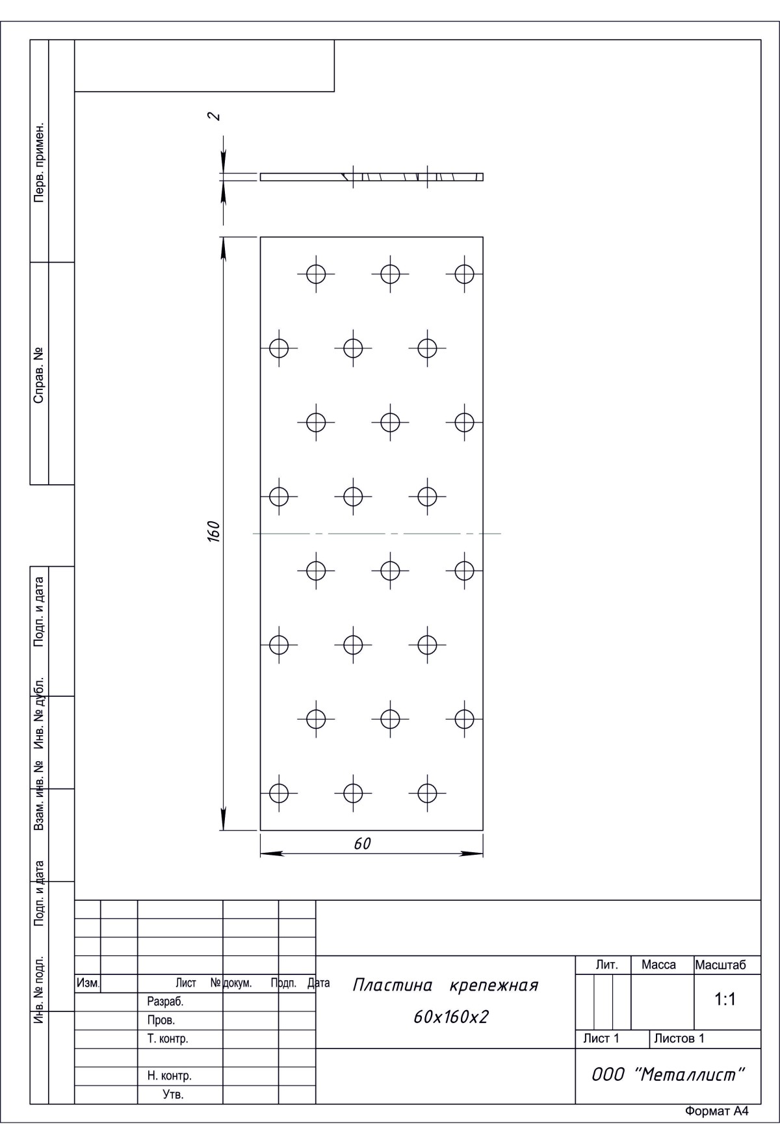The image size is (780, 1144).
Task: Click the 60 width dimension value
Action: pos(362,844)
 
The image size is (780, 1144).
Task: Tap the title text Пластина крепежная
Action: pos(445,985)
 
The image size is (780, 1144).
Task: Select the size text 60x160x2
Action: pos(450,1017)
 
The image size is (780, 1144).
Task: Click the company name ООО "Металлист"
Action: pos(668,1074)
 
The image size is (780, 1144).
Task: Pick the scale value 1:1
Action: pos(725,1000)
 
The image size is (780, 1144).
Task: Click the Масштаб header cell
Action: pos(720,965)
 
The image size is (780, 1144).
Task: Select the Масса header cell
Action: pos(658,965)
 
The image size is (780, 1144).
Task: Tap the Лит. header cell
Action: pos(606,965)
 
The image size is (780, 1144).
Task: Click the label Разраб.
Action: pos(166,1002)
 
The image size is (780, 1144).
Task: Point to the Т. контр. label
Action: pos(168,1039)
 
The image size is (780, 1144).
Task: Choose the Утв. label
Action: pos(174,1095)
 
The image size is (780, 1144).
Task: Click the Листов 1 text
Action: pos(679,1039)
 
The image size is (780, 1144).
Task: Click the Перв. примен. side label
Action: pos(39,161)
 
